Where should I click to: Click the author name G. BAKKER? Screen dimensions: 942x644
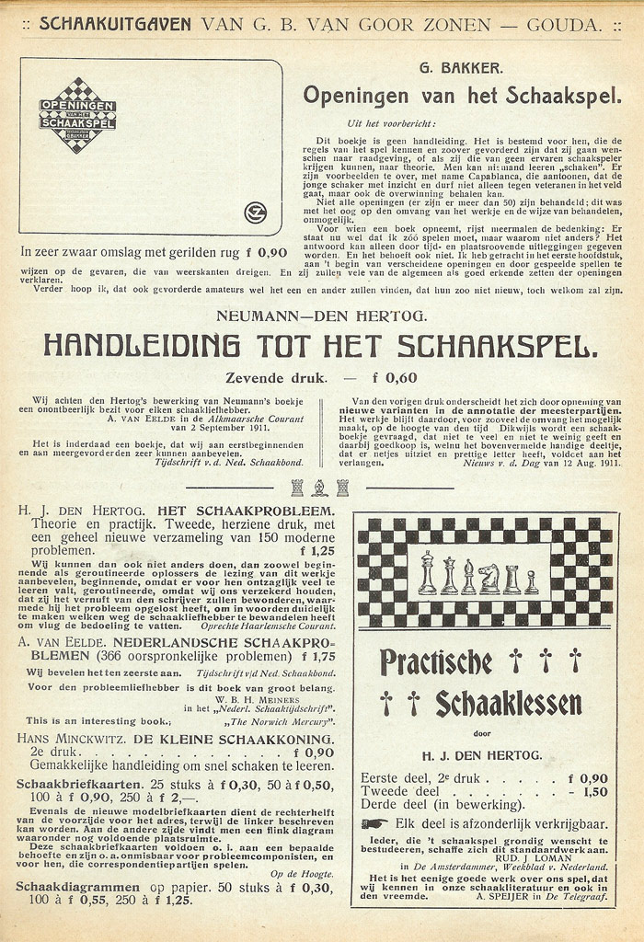tap(449, 68)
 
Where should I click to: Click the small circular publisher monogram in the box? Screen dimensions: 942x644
tap(255, 213)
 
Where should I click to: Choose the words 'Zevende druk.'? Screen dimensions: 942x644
tap(277, 377)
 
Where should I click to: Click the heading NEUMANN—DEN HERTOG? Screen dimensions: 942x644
tap(321, 316)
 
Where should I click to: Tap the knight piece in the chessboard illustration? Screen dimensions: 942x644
tap(489, 578)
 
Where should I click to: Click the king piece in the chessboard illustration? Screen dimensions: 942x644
tap(427, 573)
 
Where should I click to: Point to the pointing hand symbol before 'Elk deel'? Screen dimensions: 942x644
tap(374, 823)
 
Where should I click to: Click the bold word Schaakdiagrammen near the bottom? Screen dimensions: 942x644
tap(78, 888)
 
